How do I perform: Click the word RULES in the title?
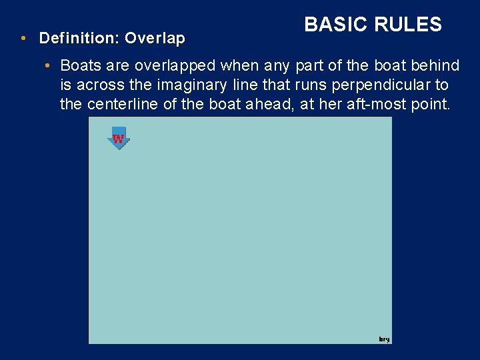[x=407, y=25]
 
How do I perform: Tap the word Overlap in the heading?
[x=154, y=39]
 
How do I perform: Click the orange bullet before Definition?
[x=23, y=39]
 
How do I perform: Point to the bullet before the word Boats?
[x=49, y=65]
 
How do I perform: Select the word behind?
[x=436, y=65]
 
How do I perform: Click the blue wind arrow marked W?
[x=118, y=138]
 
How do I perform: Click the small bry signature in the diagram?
[x=384, y=339]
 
